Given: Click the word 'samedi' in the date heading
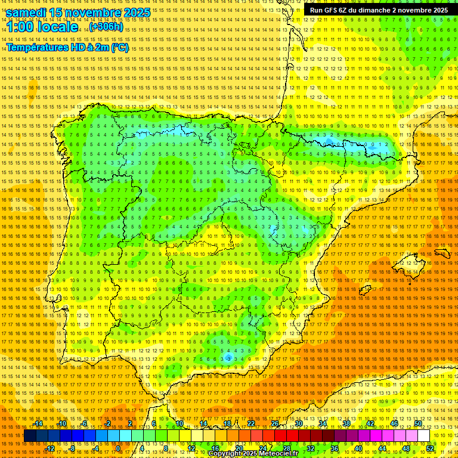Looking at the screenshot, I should [27, 13].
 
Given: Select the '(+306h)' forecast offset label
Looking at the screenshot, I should [106, 27].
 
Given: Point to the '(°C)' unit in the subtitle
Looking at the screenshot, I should [119, 48].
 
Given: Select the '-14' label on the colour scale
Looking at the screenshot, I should [39, 423].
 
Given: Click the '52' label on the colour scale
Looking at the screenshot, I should [430, 448].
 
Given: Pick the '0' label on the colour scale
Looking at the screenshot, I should [118, 448].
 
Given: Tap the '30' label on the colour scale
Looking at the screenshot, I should [298, 423].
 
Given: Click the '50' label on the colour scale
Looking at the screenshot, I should [418, 423].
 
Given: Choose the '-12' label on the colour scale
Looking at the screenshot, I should [50, 448].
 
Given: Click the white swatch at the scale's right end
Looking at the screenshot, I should [423, 436].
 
